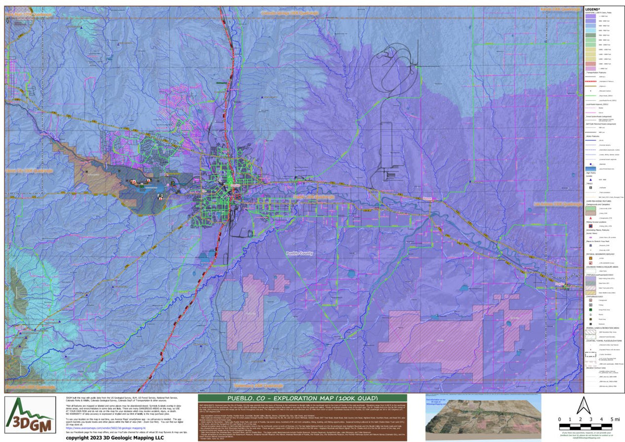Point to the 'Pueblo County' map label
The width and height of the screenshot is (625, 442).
[x=299, y=253]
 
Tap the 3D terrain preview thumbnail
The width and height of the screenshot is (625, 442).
[x=483, y=418]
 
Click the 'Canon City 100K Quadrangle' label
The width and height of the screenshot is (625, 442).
[x=29, y=170]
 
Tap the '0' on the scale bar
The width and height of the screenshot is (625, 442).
[x=560, y=419]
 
